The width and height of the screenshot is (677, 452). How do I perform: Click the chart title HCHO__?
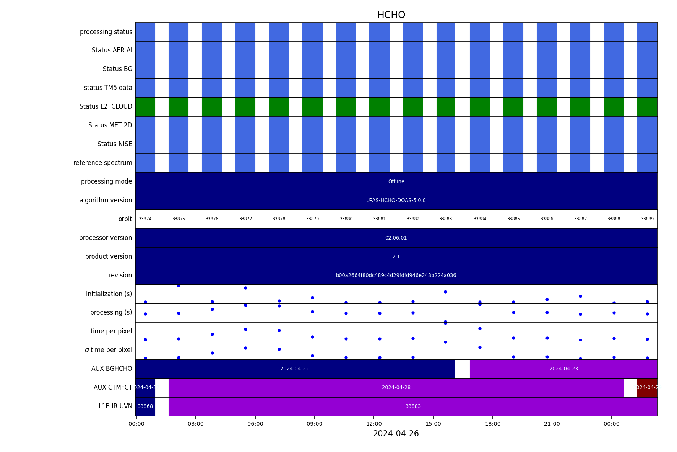point(396,15)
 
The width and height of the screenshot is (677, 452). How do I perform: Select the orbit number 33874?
point(145,219)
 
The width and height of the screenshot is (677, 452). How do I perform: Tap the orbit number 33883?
point(445,219)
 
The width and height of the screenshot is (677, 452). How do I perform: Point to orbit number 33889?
point(647,219)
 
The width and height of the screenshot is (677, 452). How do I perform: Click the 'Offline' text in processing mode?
point(396,182)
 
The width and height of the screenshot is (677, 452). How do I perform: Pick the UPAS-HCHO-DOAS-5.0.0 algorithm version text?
point(396,201)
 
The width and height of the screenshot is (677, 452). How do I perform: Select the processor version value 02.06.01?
point(396,238)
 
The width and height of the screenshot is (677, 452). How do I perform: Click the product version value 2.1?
point(396,257)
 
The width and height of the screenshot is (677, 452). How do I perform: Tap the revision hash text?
point(396,276)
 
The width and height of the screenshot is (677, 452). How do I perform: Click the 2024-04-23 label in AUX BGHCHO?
point(563,369)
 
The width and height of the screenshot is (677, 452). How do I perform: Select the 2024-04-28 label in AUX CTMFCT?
point(396,388)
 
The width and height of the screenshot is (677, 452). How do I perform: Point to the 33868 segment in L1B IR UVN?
point(145,406)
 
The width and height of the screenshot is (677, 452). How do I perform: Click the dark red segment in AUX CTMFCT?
point(647,388)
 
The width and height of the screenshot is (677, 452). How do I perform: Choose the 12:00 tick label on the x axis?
point(374,424)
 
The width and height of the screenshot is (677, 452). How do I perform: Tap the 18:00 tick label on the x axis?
point(493,424)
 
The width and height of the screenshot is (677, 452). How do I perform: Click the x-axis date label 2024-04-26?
point(396,434)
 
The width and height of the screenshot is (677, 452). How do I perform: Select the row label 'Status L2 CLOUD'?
point(106,107)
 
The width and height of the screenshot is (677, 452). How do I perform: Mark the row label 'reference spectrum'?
point(102,163)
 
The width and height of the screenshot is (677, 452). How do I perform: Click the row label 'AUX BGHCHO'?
point(111,369)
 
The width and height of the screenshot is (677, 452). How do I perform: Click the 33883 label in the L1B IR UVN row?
point(413,406)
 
